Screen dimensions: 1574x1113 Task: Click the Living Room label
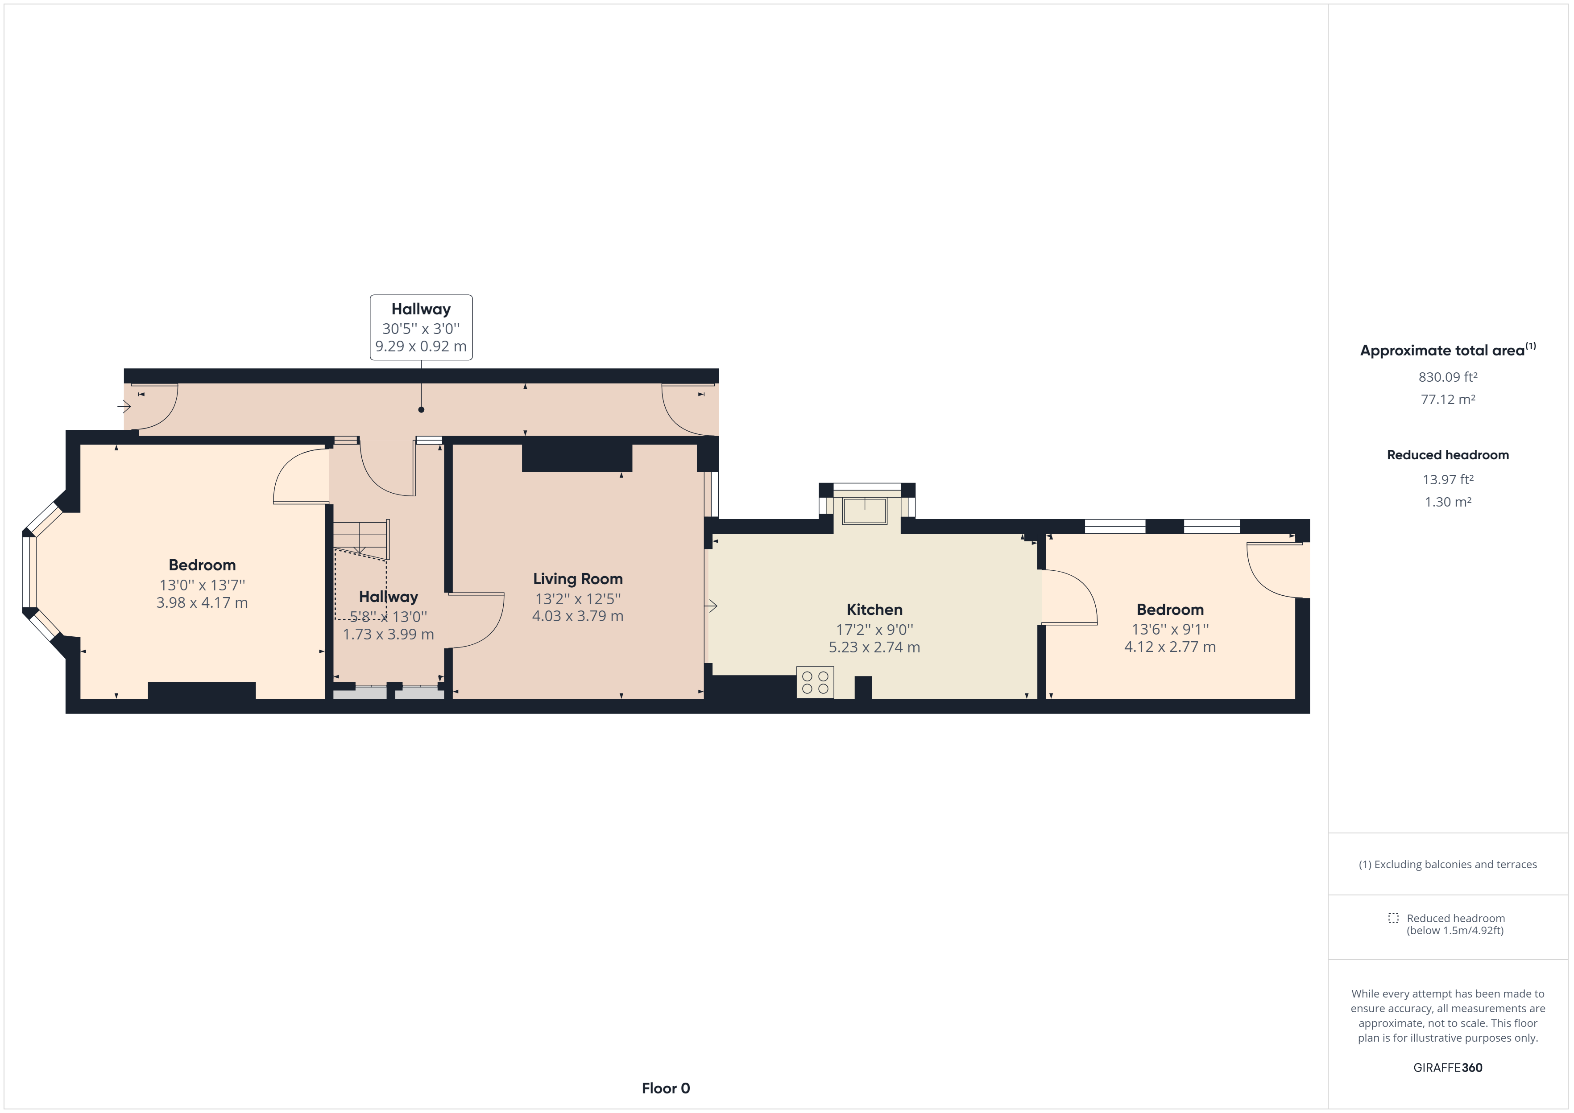tap(578, 580)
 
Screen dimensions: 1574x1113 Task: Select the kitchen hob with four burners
tap(815, 683)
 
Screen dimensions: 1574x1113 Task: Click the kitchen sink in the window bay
tap(865, 511)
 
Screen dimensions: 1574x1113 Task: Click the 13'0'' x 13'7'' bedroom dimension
tap(202, 585)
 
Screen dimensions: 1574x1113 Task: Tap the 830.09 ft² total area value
tap(1447, 377)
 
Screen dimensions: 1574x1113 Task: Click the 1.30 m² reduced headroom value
tap(1448, 502)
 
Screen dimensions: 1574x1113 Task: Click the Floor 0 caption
tap(666, 1088)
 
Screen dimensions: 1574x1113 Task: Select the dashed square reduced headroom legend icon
tap(1393, 918)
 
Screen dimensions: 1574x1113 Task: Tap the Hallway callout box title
tap(421, 309)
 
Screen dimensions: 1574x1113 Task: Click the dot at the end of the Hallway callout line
tap(421, 410)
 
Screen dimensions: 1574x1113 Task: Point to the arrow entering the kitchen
tap(711, 606)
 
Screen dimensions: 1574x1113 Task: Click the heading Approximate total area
tap(1448, 350)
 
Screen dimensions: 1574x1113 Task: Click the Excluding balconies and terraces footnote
tap(1448, 864)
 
